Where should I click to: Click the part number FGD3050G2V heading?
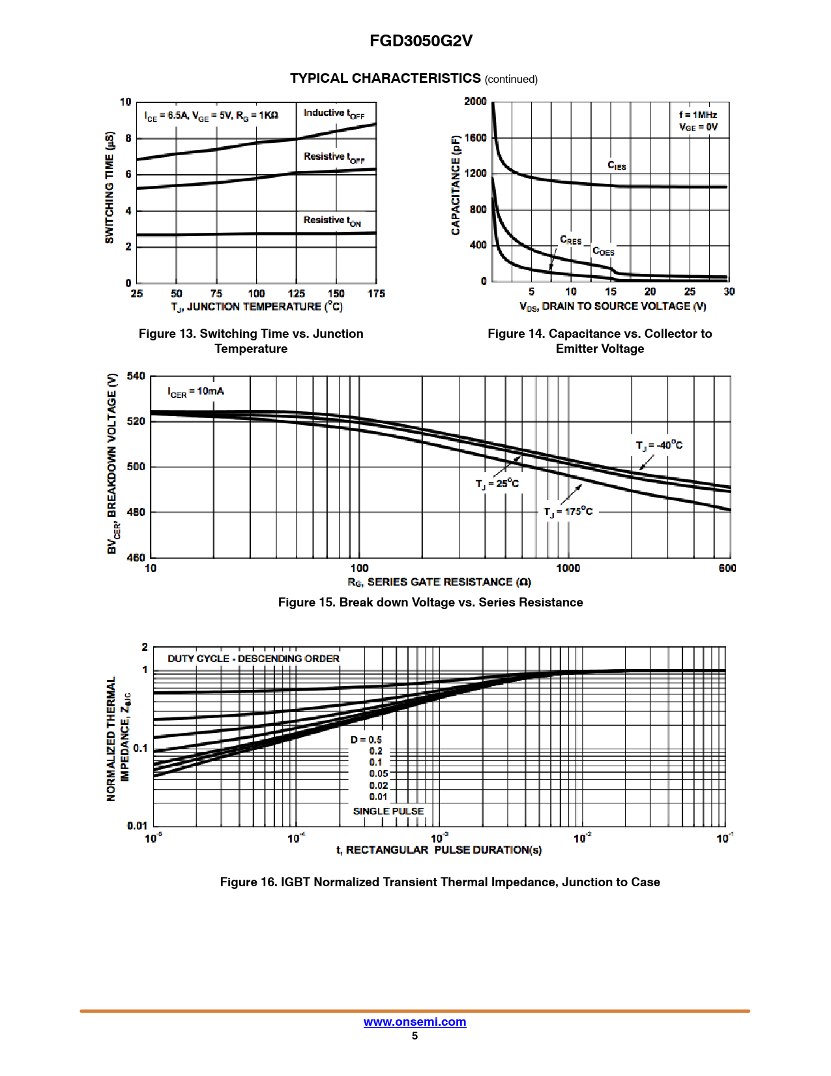point(420,41)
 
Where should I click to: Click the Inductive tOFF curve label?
point(334,113)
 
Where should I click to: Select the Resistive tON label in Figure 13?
point(332,221)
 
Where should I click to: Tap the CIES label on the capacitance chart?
point(617,166)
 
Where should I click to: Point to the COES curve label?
point(603,252)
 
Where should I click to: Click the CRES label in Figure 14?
point(570,241)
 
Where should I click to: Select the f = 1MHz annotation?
point(697,115)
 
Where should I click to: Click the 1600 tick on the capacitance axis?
point(476,138)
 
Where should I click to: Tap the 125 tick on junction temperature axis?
point(297,294)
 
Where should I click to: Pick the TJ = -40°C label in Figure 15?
point(659,445)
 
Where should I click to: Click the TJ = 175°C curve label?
point(568,512)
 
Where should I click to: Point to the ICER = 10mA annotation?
point(196,392)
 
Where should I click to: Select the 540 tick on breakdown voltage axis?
point(136,376)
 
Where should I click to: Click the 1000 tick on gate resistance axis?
point(568,569)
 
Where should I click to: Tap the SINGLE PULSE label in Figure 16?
point(388,811)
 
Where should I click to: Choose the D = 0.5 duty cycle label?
point(366,740)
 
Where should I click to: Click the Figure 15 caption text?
point(430,603)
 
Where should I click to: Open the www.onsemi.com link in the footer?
point(415,1022)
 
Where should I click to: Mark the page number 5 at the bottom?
point(415,1036)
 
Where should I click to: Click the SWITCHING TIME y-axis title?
point(110,188)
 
